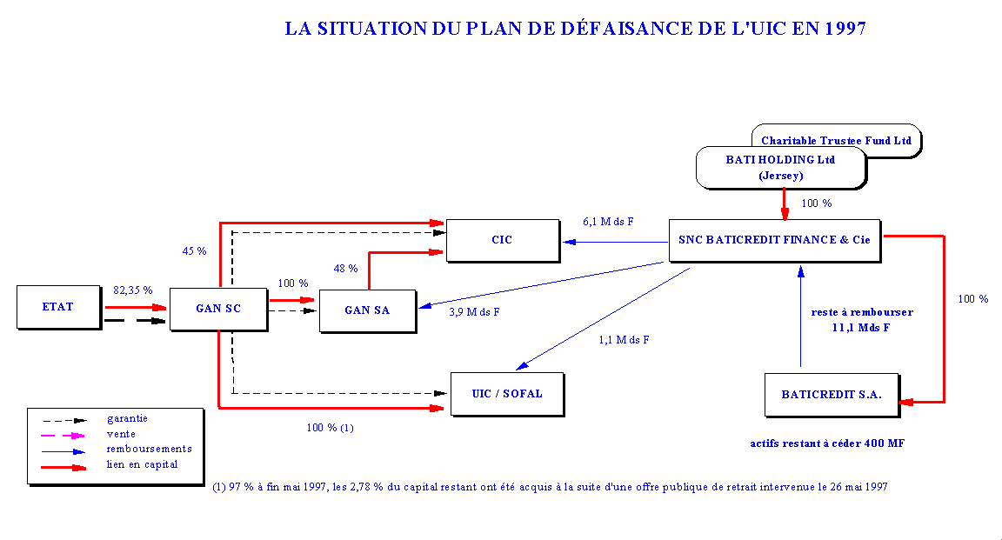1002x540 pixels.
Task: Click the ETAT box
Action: (58, 307)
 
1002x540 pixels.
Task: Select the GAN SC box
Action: (217, 309)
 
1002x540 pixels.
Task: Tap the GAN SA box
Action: (367, 310)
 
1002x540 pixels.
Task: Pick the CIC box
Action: (502, 239)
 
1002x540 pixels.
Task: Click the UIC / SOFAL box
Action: (506, 393)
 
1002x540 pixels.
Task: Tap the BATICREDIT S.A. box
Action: (831, 394)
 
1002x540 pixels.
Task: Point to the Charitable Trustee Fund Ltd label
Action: (836, 140)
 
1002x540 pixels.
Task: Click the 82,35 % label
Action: (133, 290)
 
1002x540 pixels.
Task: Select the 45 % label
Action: (194, 251)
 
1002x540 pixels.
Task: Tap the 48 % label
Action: (346, 269)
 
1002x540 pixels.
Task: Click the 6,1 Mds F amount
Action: (608, 222)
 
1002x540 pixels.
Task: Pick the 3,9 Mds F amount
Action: (474, 312)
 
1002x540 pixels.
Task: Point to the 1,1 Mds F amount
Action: (624, 340)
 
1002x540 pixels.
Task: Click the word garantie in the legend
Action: (127, 418)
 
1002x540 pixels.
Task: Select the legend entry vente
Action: (121, 434)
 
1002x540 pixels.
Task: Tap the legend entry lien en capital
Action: (142, 464)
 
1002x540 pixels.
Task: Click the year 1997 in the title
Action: (841, 29)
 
